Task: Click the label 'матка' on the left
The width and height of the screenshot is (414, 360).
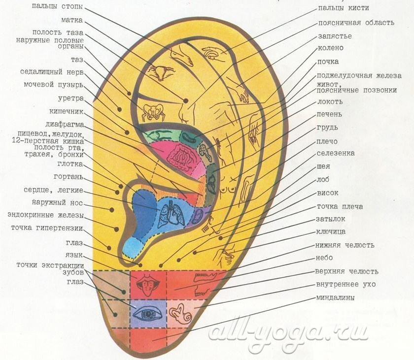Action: [x=72, y=20]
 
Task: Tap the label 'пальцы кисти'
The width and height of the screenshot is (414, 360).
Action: [x=344, y=8]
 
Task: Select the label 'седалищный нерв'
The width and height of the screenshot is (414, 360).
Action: [x=52, y=72]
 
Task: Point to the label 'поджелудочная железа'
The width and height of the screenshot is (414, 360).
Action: [x=359, y=76]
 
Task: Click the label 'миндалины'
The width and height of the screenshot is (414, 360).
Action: [x=335, y=298]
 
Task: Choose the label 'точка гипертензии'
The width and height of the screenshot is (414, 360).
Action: [x=47, y=228]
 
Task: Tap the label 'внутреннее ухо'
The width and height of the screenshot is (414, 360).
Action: [x=346, y=284]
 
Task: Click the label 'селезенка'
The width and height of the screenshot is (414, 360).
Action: [x=336, y=153]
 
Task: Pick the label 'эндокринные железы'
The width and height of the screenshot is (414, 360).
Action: [x=46, y=215]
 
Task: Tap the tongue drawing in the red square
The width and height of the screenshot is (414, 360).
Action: [x=147, y=285]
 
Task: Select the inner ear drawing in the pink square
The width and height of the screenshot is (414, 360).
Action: [x=181, y=314]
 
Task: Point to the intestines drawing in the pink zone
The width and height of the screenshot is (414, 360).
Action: [x=182, y=157]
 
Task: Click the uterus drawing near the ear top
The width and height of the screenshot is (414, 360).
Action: [x=161, y=71]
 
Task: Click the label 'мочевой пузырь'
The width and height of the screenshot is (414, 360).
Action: [x=54, y=85]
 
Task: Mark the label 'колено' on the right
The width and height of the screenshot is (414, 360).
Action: [x=330, y=48]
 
